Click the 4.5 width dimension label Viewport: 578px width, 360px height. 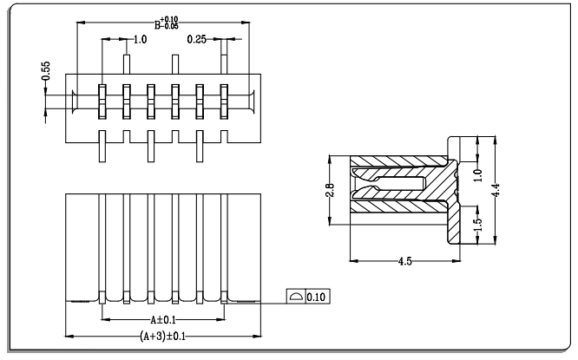[x=404, y=261]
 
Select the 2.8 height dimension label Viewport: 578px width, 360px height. [x=330, y=191]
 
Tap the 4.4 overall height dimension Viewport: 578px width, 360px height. [x=496, y=190]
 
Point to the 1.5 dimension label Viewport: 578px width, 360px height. [x=478, y=225]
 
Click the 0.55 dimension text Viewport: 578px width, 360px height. [x=46, y=71]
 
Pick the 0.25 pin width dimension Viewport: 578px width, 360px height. [x=196, y=39]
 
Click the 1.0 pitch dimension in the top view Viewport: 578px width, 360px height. [x=140, y=39]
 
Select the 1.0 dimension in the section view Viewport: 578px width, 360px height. [x=478, y=175]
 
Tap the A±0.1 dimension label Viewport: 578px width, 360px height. [x=163, y=319]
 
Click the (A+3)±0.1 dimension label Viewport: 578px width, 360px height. [x=162, y=336]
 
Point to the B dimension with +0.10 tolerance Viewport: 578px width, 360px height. [x=167, y=23]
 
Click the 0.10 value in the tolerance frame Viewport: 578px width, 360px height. [x=316, y=297]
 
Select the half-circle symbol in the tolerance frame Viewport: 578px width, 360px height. [x=296, y=297]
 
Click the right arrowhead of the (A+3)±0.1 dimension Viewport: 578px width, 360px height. [x=257, y=336]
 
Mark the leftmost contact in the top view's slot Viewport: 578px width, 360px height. [x=102, y=101]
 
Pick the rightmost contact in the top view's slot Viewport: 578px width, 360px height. [x=224, y=101]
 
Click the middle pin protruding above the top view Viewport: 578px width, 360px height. [x=175, y=64]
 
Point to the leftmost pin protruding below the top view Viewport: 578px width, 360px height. [x=102, y=146]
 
